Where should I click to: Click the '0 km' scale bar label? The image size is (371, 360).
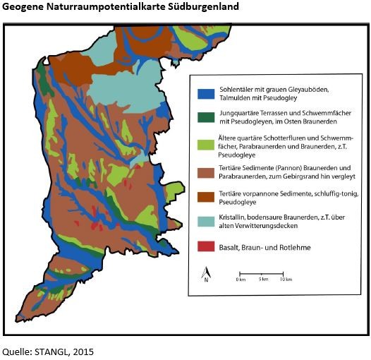[241, 280]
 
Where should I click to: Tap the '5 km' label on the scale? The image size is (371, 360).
[262, 280]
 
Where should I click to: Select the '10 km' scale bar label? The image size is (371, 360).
[286, 280]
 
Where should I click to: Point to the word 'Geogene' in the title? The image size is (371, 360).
[24, 7]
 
